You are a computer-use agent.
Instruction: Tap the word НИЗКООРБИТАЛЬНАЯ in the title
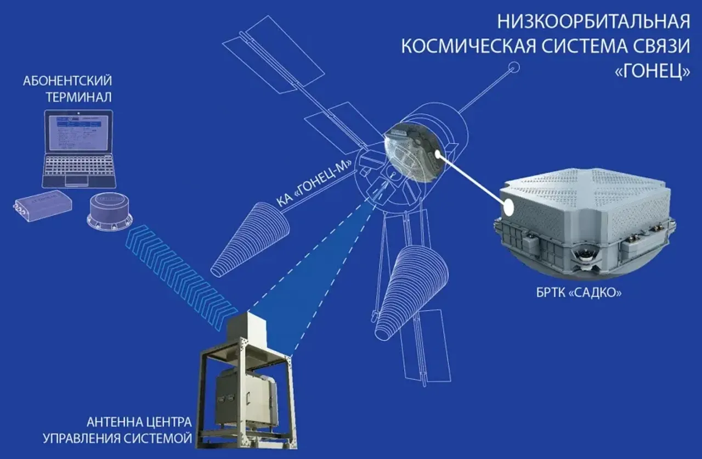pos(593,22)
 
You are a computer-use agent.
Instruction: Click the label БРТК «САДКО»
pos(579,293)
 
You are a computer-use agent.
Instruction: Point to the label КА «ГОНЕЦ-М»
pos(313,182)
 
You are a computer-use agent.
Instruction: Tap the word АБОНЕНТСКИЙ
pos(67,81)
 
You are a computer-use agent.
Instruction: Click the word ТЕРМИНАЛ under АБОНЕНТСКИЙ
pos(67,98)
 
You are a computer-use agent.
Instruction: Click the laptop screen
pos(78,132)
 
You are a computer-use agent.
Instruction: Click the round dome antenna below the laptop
pos(110,211)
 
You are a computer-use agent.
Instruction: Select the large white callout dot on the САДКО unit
pos(509,207)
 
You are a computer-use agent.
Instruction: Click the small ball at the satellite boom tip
pos(514,68)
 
